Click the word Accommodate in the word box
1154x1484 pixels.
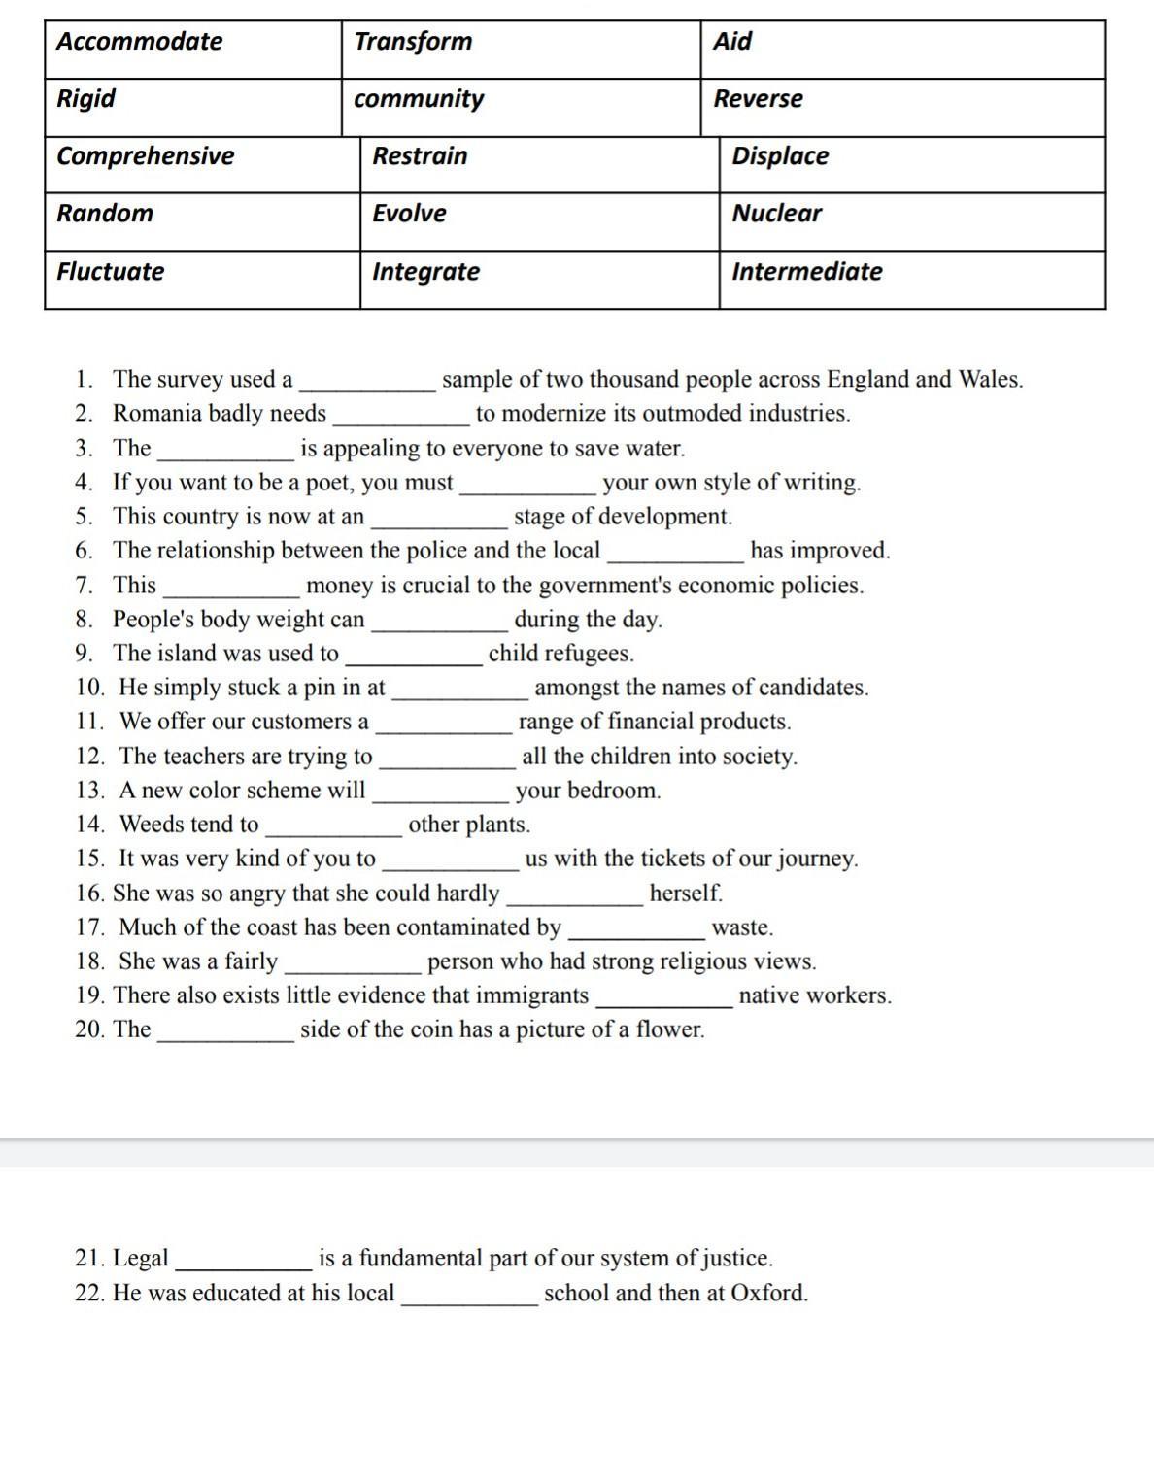click(140, 42)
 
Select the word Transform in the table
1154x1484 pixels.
click(413, 42)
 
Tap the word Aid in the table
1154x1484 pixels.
click(732, 42)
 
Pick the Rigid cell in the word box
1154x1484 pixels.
click(86, 99)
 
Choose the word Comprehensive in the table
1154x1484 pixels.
click(146, 156)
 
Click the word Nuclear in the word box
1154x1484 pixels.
click(777, 214)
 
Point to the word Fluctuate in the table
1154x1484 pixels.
click(111, 272)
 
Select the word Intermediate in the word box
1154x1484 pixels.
click(807, 272)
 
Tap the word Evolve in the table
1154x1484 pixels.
click(410, 214)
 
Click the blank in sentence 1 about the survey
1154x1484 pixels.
click(368, 383)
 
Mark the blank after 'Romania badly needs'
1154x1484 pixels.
click(401, 417)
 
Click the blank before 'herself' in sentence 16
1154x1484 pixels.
click(575, 896)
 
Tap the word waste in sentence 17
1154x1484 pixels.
click(743, 927)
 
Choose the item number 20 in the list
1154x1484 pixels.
click(89, 1029)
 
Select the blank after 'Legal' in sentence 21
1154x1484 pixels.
click(244, 1262)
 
